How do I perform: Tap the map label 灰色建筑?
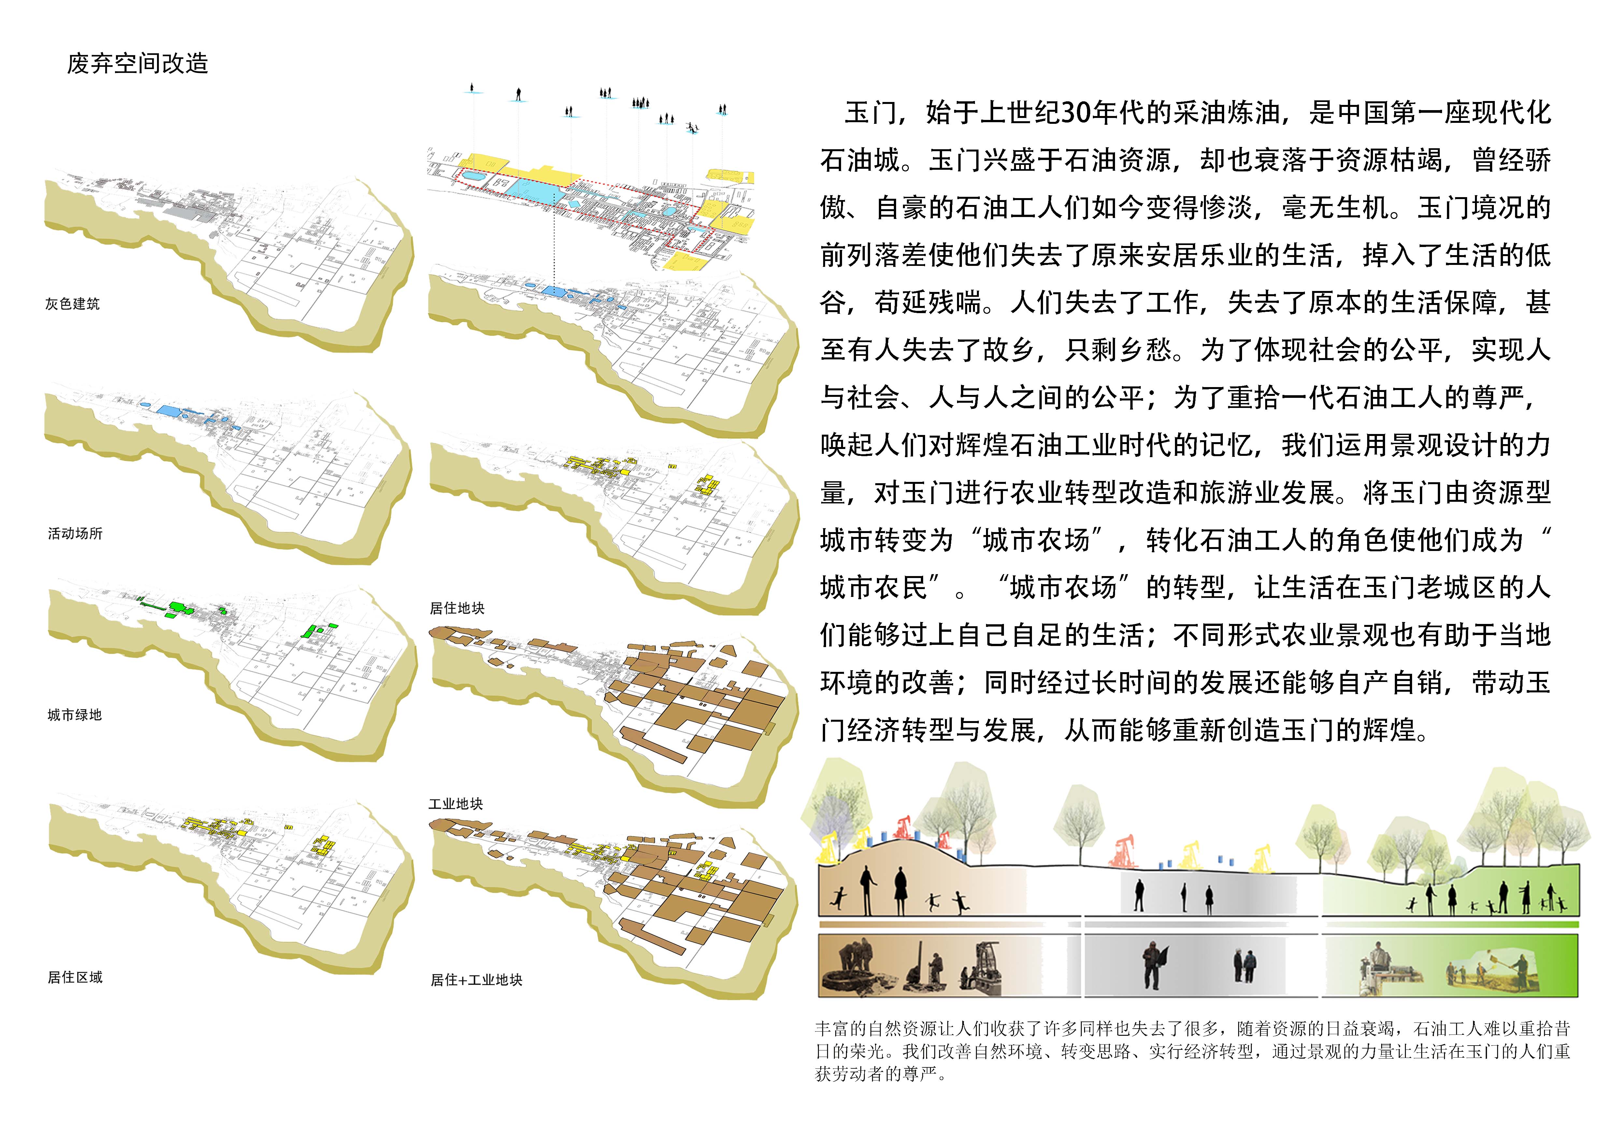pos(73,304)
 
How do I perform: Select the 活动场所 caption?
pos(75,533)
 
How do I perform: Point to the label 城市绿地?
pos(75,715)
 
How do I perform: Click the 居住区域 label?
pos(75,977)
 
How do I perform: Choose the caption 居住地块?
pos(457,608)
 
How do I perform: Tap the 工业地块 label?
pos(456,804)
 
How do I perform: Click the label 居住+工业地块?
pos(477,980)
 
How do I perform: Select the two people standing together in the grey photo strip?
pos(1244,966)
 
